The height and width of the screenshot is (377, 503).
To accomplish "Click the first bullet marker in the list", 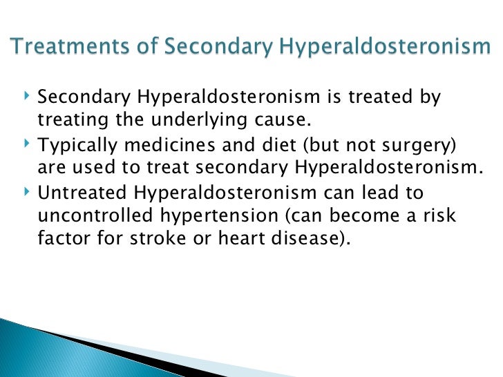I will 26,98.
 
